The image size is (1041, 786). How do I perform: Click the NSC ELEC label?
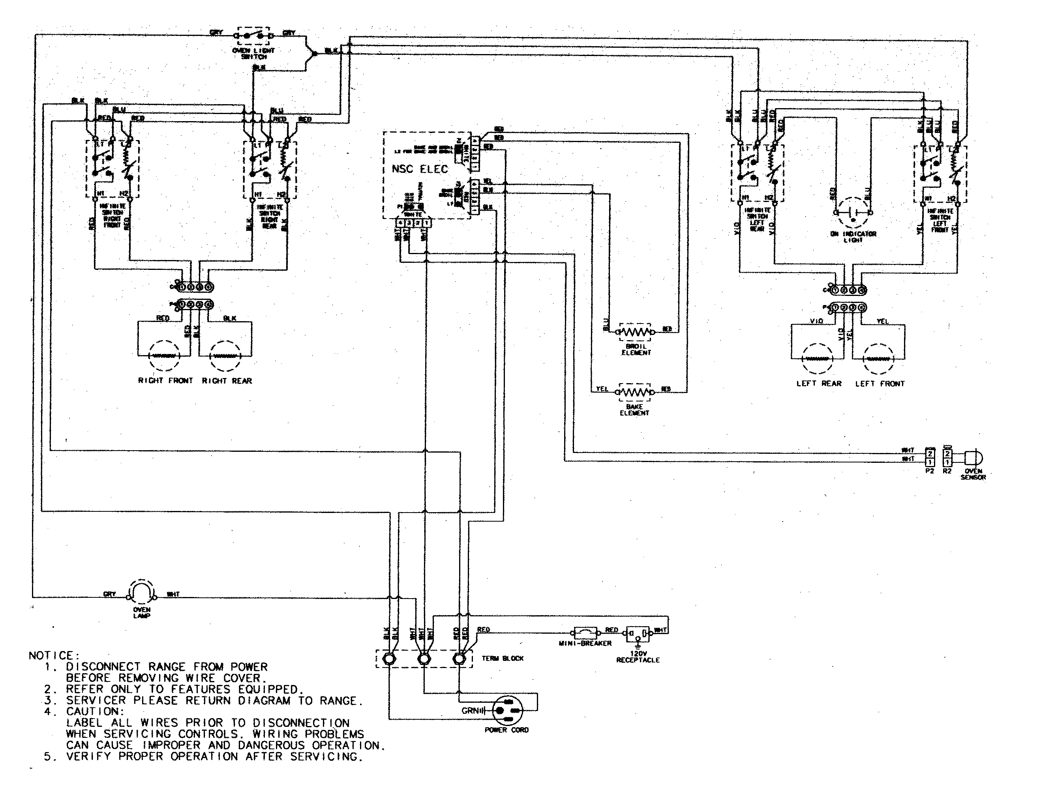click(419, 169)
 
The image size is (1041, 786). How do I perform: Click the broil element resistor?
click(635, 332)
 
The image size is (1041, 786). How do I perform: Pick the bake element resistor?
click(635, 392)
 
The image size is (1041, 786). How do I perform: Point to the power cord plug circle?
click(507, 711)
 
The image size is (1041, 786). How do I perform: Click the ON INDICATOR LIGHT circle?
click(853, 213)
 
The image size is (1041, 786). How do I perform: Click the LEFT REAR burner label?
click(819, 384)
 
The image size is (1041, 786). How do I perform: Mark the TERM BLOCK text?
click(503, 659)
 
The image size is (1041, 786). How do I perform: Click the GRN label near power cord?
click(470, 711)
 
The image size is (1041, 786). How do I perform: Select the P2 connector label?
click(929, 471)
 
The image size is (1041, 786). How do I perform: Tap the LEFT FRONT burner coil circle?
click(878, 359)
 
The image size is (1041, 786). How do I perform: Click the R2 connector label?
click(947, 471)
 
